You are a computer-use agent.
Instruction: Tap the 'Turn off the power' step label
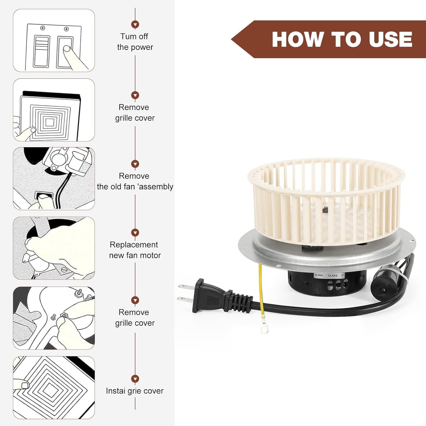[135, 42]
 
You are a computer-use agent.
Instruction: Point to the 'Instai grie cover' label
[135, 391]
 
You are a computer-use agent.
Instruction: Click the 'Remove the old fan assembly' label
[135, 181]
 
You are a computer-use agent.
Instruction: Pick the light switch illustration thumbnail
[54, 40]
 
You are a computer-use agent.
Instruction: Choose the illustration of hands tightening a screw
[54, 318]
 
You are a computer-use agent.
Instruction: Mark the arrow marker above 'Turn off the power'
[135, 24]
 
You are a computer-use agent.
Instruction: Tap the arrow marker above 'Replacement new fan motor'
[135, 233]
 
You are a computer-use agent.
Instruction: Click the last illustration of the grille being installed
[54, 388]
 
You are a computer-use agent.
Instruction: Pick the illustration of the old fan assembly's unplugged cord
[54, 179]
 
